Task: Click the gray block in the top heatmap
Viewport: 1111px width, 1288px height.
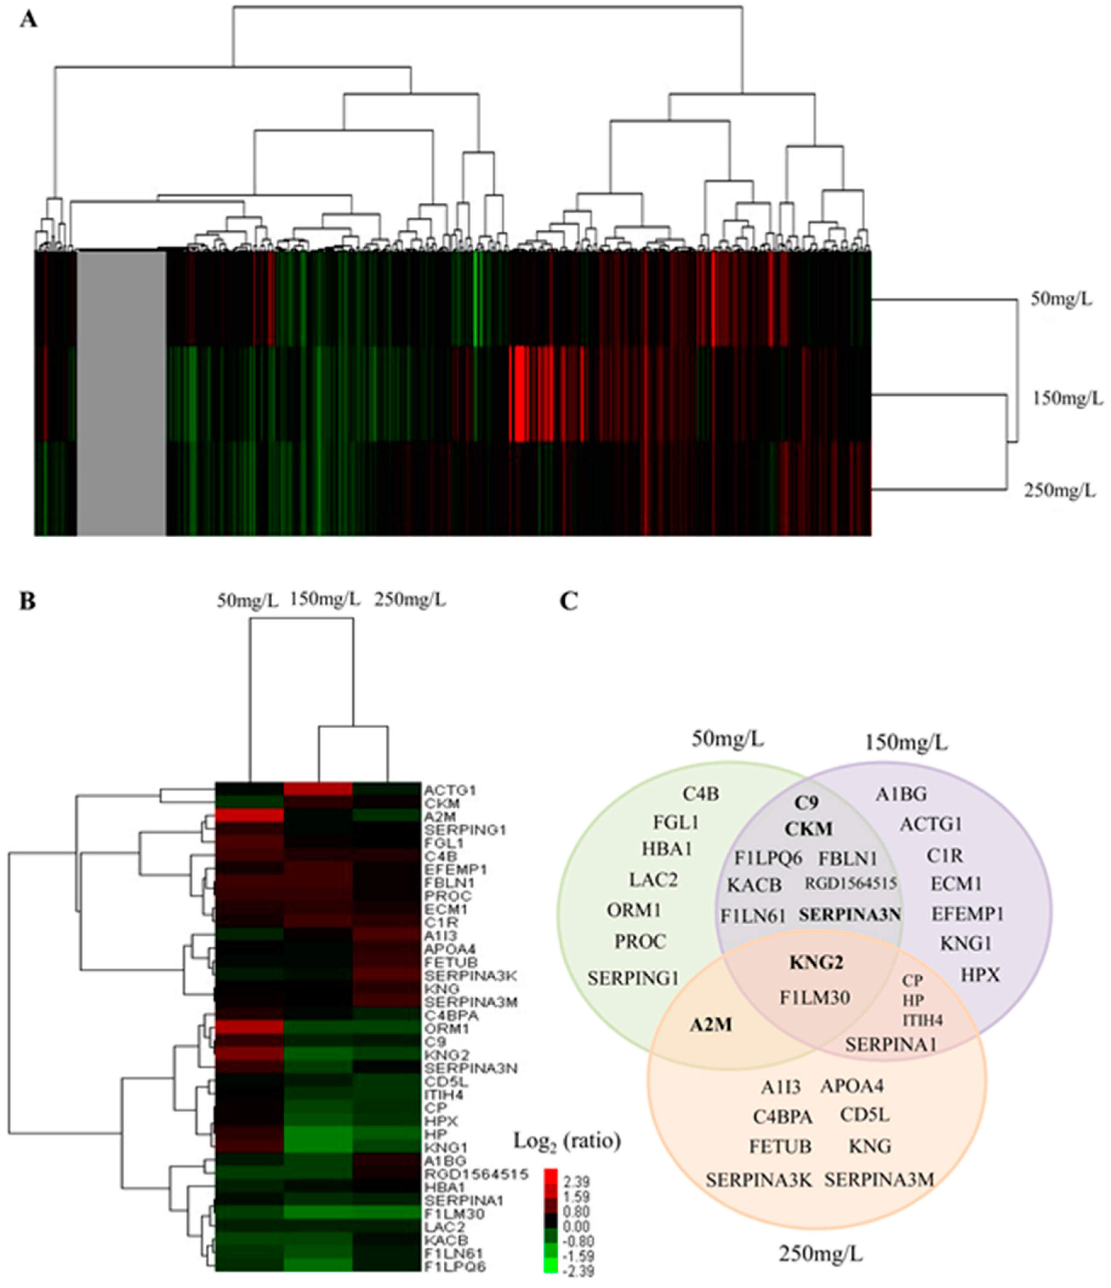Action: click(121, 392)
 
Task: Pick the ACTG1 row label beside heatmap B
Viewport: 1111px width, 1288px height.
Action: click(449, 790)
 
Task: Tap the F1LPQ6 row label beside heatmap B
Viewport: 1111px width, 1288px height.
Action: click(455, 1266)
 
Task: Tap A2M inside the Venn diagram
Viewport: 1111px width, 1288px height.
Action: click(710, 1024)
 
